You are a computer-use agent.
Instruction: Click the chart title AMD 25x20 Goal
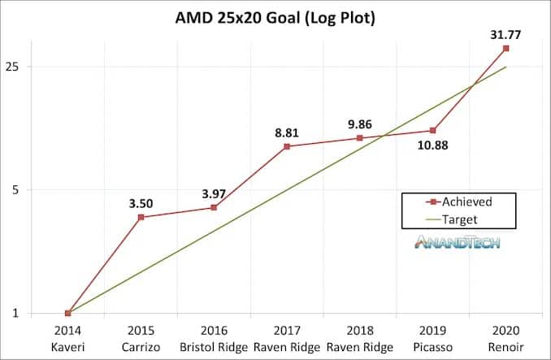tap(275, 18)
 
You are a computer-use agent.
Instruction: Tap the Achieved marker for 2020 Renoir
tap(506, 49)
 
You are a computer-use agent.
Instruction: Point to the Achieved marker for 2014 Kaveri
tap(67, 313)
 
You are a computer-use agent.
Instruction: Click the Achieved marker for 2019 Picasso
tap(433, 131)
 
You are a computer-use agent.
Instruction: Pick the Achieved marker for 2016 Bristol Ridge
tap(214, 207)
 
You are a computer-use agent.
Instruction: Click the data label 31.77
tap(505, 34)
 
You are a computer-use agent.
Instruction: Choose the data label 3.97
tap(214, 192)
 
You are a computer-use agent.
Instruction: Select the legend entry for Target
tap(460, 219)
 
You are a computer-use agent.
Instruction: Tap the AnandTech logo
tap(458, 241)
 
